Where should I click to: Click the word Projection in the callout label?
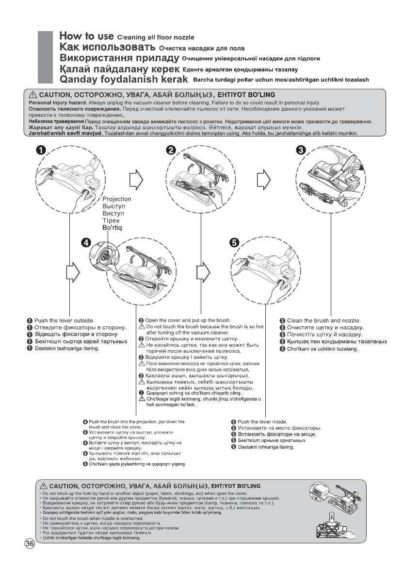tap(116, 199)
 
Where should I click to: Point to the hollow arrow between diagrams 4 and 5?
tap(202, 272)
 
